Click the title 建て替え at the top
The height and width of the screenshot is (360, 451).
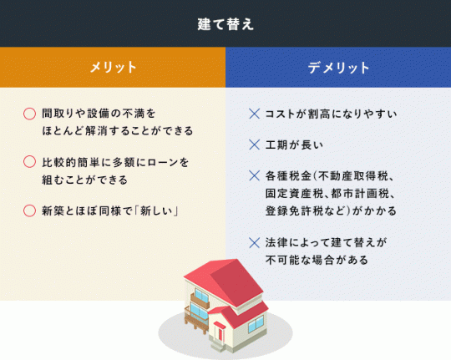tap(225, 24)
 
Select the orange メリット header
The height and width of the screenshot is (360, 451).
tap(113, 67)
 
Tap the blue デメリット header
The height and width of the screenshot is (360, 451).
tap(338, 67)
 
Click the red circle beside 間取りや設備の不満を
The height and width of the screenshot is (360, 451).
tap(29, 114)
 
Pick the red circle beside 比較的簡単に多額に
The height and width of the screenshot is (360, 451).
tap(29, 162)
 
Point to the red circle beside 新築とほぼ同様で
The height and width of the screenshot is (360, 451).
tap(29, 210)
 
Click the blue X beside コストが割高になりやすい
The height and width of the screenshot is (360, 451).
tap(254, 114)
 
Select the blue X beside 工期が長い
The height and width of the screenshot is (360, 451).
tap(254, 145)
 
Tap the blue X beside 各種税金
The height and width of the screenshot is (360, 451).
tap(254, 176)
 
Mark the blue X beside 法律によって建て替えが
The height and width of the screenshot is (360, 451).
tap(254, 242)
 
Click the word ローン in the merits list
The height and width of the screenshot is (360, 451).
tap(163, 162)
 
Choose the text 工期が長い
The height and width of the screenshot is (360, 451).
tap(294, 145)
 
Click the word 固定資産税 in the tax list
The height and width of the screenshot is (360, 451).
tap(294, 194)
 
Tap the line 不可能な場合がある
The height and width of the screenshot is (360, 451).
tap(317, 260)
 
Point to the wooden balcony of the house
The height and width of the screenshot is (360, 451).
tap(196, 319)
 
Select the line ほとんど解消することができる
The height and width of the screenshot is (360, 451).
tap(118, 131)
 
